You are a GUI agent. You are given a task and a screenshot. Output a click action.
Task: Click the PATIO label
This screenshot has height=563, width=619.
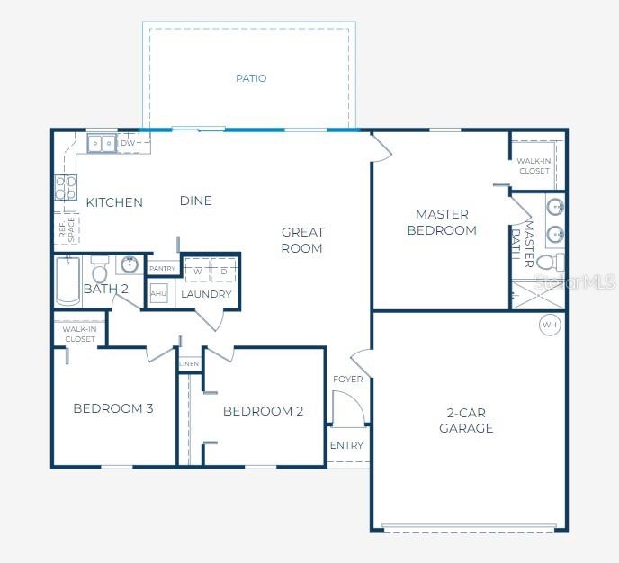(x=251, y=78)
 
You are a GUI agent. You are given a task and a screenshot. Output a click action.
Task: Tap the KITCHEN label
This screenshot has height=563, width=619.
(x=114, y=202)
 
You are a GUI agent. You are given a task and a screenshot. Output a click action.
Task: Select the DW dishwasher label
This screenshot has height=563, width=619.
(x=128, y=143)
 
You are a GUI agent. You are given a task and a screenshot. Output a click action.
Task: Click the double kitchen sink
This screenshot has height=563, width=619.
(x=101, y=143)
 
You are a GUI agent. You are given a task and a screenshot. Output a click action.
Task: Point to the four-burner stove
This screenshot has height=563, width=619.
(x=66, y=188)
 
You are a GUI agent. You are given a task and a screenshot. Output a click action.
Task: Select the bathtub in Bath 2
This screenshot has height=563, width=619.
(x=68, y=280)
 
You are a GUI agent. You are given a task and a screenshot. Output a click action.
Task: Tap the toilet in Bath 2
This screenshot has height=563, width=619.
(x=99, y=272)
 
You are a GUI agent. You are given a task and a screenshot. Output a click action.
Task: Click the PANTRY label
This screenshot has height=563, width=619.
(x=163, y=268)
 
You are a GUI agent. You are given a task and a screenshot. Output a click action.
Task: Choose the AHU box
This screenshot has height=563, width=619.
(x=159, y=294)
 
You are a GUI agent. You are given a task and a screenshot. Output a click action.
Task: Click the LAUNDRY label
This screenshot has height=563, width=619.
(x=206, y=294)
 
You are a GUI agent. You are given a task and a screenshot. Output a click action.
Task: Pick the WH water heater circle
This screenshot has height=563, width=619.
(x=549, y=324)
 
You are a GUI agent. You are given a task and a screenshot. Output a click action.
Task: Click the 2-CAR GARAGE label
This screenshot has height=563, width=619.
(x=466, y=421)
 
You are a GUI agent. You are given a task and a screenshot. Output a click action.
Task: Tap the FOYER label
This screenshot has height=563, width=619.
(x=348, y=379)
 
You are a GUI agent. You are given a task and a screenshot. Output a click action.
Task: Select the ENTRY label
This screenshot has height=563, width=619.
(x=347, y=445)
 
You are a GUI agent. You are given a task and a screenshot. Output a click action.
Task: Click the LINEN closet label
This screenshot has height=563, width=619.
(x=189, y=364)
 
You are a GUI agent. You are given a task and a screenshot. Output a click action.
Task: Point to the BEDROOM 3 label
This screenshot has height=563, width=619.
(x=113, y=408)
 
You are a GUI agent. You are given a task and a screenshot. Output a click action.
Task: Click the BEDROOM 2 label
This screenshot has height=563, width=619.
(x=263, y=411)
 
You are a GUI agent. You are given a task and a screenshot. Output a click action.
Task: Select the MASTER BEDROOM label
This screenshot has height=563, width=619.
(x=442, y=222)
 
